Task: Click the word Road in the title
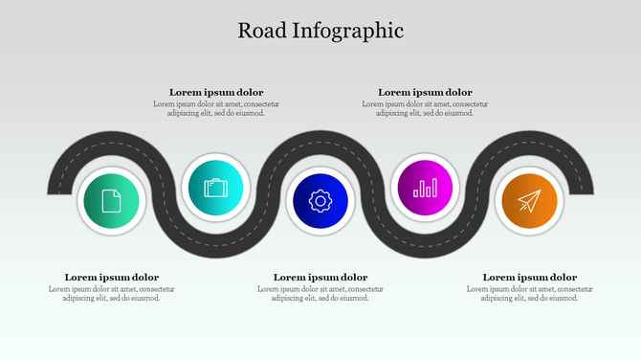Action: (x=259, y=30)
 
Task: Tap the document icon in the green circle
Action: (x=111, y=201)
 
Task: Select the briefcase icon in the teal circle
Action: (x=215, y=187)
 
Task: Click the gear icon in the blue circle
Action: (x=320, y=201)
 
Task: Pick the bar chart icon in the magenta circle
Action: (x=425, y=187)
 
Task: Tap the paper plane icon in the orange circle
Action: (x=529, y=201)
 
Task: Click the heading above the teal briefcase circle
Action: (x=216, y=92)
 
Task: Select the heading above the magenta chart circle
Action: (x=425, y=92)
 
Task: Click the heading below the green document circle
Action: (x=112, y=278)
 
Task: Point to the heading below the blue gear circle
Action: (x=320, y=278)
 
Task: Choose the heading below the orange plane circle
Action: (x=529, y=278)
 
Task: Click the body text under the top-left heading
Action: (x=216, y=108)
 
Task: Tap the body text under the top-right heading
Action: (x=425, y=108)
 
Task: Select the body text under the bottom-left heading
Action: (x=112, y=293)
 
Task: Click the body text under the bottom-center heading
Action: (x=320, y=293)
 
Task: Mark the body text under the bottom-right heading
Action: (x=529, y=293)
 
